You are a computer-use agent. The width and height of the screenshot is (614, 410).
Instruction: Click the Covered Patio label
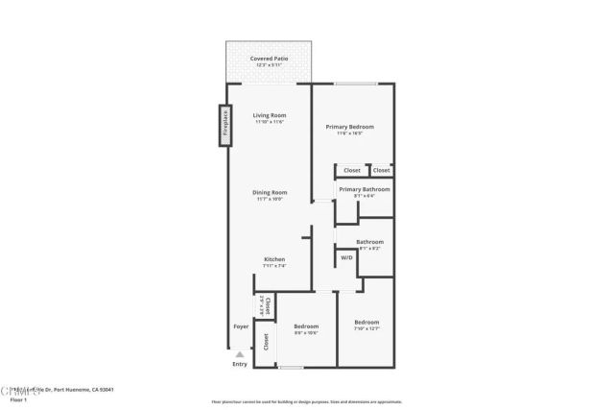pyautogui.click(x=269, y=59)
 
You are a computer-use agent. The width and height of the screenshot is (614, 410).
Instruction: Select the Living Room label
pyautogui.click(x=270, y=115)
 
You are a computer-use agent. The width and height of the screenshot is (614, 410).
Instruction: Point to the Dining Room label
pyautogui.click(x=270, y=192)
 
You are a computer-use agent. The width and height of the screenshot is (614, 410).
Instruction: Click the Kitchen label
pyautogui.click(x=274, y=259)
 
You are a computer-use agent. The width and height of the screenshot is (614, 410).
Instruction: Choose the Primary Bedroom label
pyautogui.click(x=349, y=127)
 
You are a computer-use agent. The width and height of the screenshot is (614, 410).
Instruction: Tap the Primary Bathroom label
pyautogui.click(x=365, y=189)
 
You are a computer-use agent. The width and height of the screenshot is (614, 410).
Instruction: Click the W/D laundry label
pyautogui.click(x=346, y=257)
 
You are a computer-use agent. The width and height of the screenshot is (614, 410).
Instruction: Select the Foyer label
pyautogui.click(x=241, y=326)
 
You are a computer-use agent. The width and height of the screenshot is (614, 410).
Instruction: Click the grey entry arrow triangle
pyautogui.click(x=240, y=354)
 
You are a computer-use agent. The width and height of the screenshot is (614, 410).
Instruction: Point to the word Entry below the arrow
pyautogui.click(x=240, y=365)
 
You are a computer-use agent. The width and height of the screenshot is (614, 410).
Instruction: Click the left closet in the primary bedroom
pyautogui.click(x=352, y=170)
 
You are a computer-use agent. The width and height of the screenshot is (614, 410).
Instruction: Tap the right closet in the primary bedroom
pyautogui.click(x=382, y=170)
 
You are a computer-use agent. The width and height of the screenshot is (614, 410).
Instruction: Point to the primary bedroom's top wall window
pyautogui.click(x=354, y=84)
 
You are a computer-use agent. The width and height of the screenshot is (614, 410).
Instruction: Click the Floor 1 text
pyautogui.click(x=18, y=399)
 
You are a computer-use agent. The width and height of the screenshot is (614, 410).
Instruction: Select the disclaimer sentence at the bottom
pyautogui.click(x=306, y=402)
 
